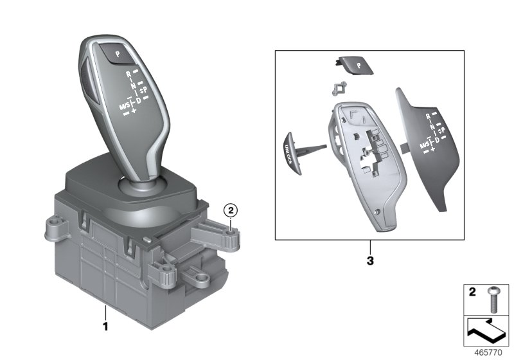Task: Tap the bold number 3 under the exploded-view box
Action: tap(370, 262)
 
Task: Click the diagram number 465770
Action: tap(489, 352)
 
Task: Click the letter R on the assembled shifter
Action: tap(129, 73)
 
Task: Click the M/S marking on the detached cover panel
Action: tap(425, 145)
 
